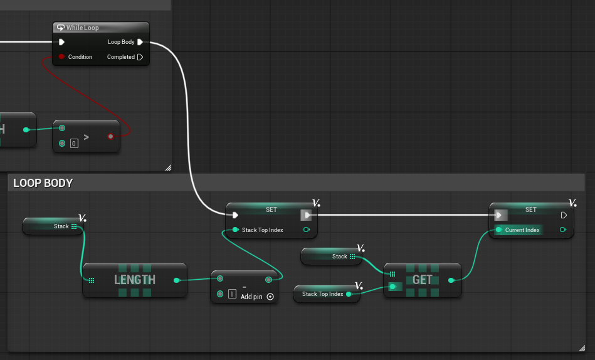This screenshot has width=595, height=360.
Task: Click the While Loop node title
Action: coord(82,28)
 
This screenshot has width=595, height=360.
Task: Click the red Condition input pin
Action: coord(61,56)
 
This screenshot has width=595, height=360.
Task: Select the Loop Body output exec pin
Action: coord(140,42)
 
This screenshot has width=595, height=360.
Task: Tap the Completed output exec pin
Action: coord(140,57)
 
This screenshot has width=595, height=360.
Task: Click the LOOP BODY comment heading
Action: coord(43,183)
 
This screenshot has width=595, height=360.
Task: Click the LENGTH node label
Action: coord(135,280)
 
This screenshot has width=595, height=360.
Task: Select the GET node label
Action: coord(423,280)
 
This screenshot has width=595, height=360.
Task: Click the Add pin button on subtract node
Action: coord(270,297)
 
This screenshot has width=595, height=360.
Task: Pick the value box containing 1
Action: coord(232,294)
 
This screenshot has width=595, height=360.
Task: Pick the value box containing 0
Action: coord(74,144)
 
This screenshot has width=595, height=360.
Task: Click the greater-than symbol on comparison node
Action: coord(86,137)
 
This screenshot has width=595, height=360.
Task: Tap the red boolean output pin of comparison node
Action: coord(110,136)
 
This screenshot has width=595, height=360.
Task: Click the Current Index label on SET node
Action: coord(522,230)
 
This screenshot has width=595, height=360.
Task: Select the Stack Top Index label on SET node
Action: coord(263,230)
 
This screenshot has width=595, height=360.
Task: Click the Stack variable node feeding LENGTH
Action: coord(53,226)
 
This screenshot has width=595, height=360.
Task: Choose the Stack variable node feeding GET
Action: coord(331,257)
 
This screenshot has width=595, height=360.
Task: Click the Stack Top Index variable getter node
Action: coord(327,294)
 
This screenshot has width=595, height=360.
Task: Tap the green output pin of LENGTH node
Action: coord(176,280)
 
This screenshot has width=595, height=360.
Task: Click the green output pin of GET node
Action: coord(451,280)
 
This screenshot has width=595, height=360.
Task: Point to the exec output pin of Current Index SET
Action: coord(564,215)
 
